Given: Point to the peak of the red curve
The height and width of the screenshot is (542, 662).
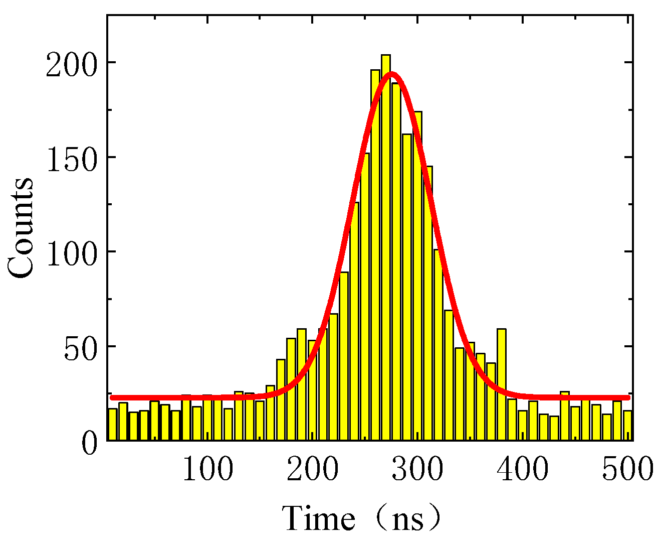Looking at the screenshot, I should (x=392, y=74).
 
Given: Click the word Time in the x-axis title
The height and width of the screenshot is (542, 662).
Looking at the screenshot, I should (x=319, y=518).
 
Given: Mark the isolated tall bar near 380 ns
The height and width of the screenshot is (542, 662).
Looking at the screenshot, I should (x=501, y=384).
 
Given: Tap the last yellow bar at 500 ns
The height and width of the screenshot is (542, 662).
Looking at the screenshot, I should (x=627, y=426).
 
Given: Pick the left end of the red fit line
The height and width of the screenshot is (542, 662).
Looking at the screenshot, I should (x=112, y=397).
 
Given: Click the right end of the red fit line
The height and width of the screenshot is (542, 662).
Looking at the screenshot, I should (x=628, y=397).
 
